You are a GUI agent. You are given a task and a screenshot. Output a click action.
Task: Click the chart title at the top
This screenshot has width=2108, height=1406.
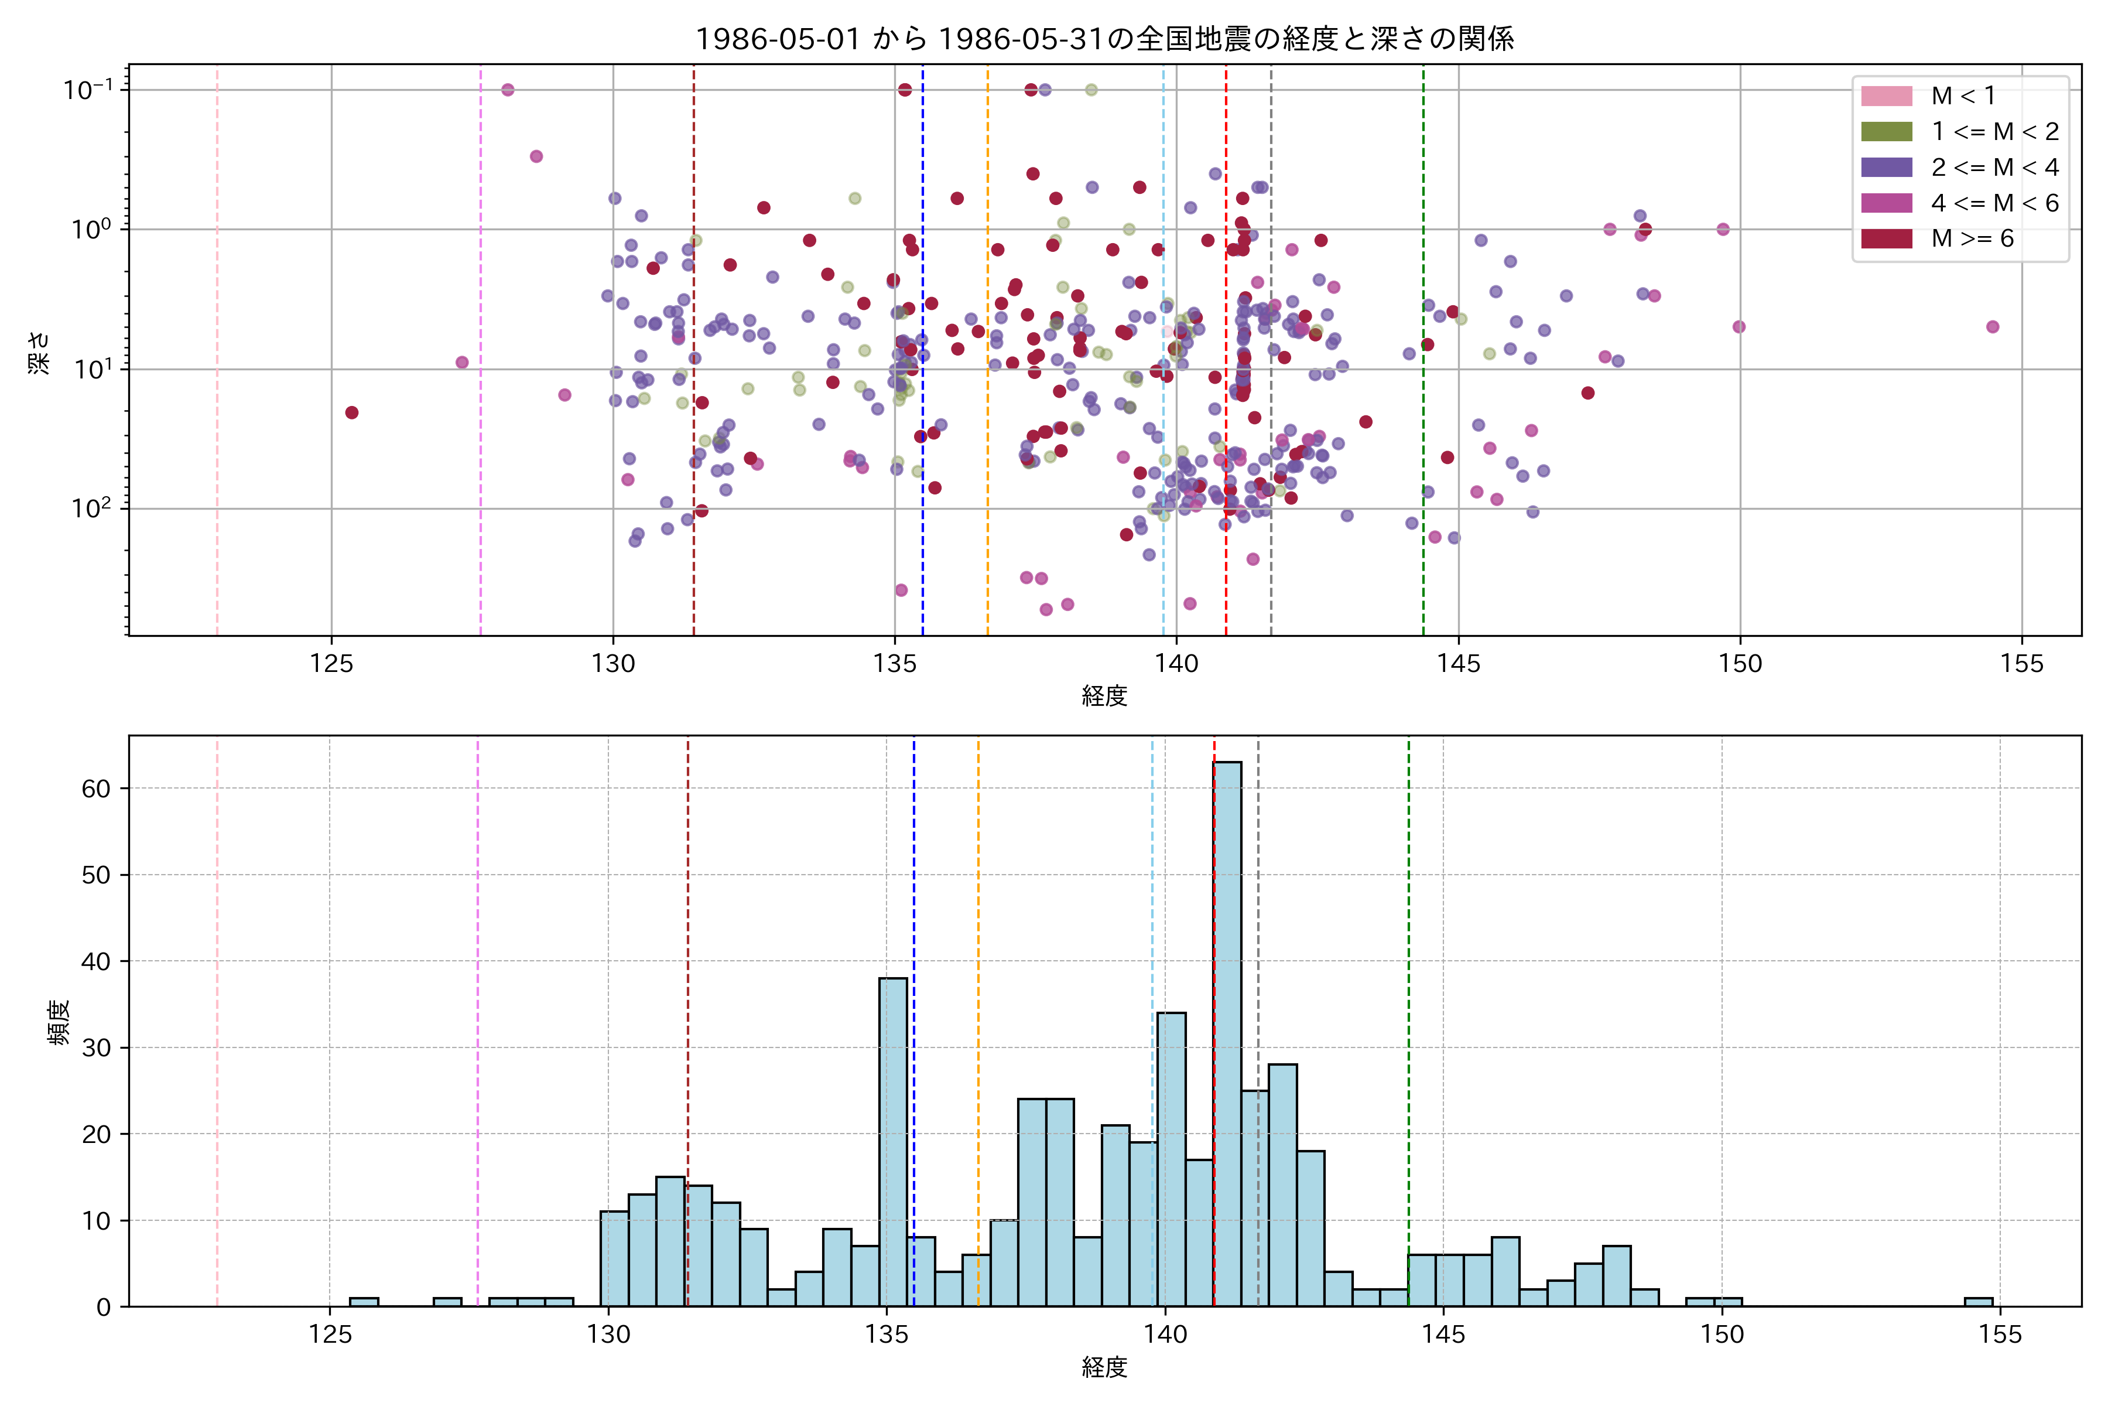pos(1104,39)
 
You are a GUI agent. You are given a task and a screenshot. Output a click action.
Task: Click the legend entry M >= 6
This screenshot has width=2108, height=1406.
pos(1972,238)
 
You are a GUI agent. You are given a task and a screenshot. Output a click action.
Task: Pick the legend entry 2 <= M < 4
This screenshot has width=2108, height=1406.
pos(1994,168)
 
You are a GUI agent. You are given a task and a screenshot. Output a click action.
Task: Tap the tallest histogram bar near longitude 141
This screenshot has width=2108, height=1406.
pos(1227,1031)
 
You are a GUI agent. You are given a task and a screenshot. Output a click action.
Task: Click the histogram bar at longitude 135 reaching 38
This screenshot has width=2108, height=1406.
pos(892,1139)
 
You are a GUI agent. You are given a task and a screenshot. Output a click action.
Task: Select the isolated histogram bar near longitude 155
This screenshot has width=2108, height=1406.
pos(1978,1301)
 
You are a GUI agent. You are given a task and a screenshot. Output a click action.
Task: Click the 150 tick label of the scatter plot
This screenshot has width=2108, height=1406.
pos(1740,664)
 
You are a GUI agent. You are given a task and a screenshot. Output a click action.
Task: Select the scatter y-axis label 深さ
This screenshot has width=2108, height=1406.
pos(39,351)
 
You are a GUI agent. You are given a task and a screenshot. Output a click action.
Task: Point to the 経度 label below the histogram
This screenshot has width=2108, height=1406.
pos(1104,1367)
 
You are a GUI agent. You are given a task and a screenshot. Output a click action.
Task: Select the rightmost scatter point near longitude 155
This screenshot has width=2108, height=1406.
pos(1993,326)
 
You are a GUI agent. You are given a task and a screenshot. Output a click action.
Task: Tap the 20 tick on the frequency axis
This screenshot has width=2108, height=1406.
pos(96,1134)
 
